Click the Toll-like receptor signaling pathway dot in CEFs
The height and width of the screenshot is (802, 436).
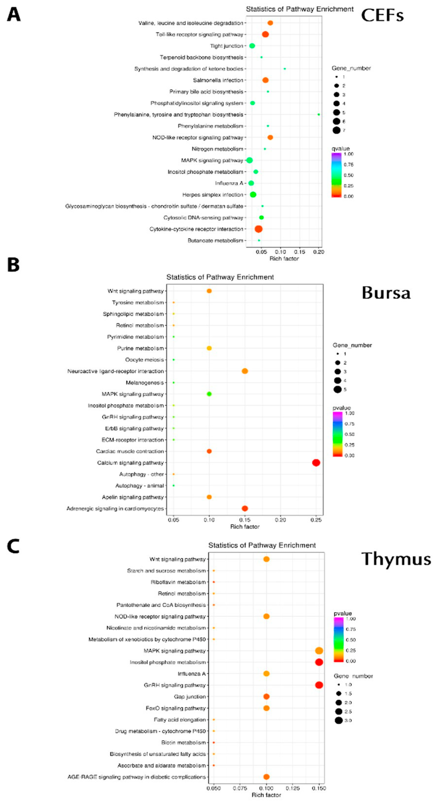265,34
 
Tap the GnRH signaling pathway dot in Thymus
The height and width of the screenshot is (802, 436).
319,685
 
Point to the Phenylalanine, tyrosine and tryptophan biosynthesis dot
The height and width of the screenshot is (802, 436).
319,115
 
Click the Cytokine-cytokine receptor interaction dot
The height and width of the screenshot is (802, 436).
258,229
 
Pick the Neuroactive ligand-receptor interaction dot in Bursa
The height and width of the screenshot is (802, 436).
245,371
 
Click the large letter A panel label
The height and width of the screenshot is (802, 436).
14,15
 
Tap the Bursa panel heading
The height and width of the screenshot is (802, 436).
386,293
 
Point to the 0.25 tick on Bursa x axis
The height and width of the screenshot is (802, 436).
316,520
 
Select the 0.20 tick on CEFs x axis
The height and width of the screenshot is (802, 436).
319,252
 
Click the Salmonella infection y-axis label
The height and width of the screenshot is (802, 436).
218,80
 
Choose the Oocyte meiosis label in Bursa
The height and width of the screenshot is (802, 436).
144,360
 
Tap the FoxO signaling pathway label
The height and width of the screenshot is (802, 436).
176,708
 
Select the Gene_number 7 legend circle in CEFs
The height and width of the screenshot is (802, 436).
336,130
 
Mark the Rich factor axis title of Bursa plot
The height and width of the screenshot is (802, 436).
245,527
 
